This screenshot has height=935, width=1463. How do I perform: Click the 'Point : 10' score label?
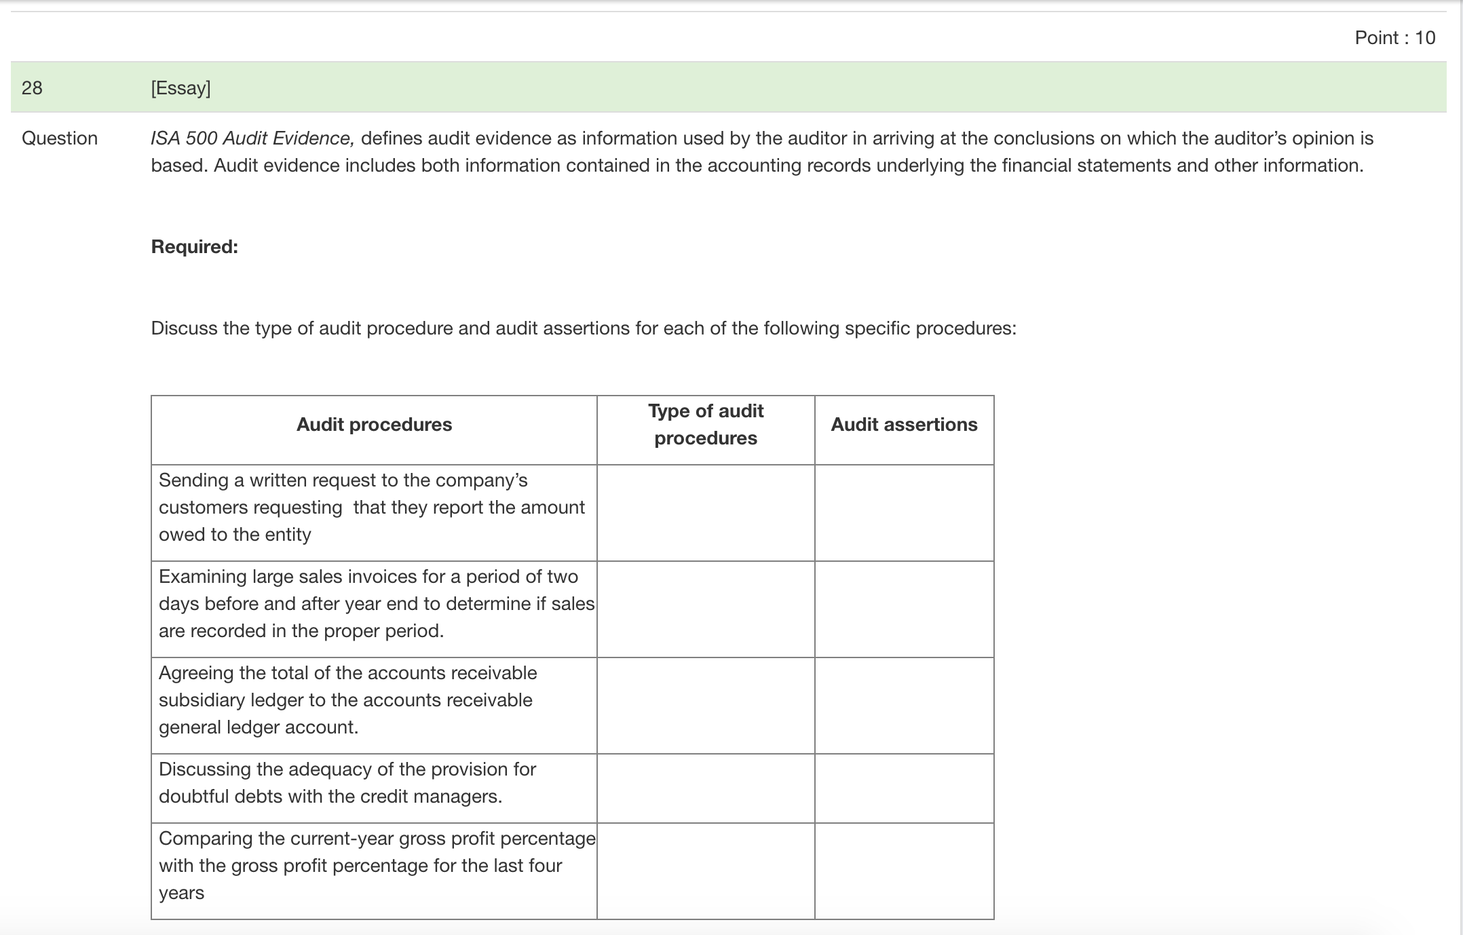[x=1394, y=38]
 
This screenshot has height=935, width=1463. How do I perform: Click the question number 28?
[x=32, y=88]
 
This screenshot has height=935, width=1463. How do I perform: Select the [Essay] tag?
[x=180, y=88]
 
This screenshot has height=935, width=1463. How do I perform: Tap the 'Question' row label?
[x=60, y=138]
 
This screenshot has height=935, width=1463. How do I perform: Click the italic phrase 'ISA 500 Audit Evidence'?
[x=251, y=138]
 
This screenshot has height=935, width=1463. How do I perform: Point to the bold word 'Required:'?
[x=194, y=247]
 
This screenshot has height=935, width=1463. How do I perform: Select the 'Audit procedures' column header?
[x=374, y=425]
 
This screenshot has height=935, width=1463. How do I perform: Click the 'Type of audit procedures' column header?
[x=706, y=425]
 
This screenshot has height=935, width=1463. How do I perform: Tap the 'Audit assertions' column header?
[x=904, y=425]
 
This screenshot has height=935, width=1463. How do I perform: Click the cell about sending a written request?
[x=373, y=508]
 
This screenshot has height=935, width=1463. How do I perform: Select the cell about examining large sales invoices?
[x=373, y=604]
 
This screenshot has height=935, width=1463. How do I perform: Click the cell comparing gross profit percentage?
[x=373, y=866]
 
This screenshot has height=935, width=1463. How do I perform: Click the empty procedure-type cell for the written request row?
[x=706, y=513]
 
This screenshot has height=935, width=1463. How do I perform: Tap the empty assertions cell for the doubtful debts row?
[x=904, y=788]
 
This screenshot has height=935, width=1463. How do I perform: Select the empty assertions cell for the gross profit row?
[x=904, y=871]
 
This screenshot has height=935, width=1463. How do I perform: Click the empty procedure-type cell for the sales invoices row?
[x=706, y=609]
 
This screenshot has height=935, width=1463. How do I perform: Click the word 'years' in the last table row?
[x=181, y=894]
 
